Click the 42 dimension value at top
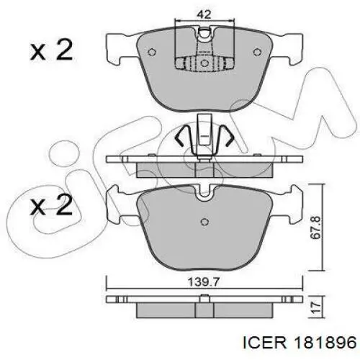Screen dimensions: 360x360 tap(204, 15)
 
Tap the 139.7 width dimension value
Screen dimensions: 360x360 tap(204, 282)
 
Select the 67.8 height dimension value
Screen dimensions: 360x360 tap(315, 228)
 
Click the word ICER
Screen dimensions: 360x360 tap(265, 343)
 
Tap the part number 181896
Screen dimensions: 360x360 tap(325, 343)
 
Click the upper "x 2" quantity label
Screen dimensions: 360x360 tap(51, 50)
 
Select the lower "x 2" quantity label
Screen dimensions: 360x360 tap(51, 204)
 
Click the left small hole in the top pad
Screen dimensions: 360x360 tap(152, 52)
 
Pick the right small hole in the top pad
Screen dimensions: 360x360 tap(257, 52)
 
